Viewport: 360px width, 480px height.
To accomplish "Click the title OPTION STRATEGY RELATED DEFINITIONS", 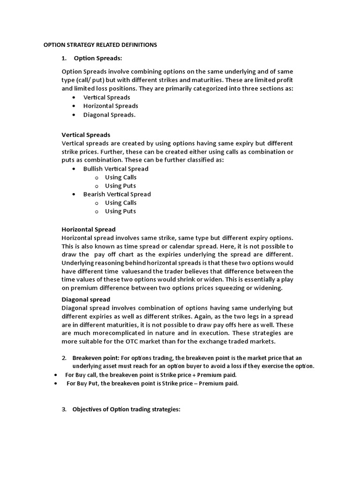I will tap(100, 45).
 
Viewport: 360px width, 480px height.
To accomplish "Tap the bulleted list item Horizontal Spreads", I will tap(111, 106).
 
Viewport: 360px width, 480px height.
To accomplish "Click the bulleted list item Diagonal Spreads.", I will tap(109, 115).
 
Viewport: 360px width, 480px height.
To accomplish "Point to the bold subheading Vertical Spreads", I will tap(86, 135).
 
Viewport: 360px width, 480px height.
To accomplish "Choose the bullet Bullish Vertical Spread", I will tap(116, 169).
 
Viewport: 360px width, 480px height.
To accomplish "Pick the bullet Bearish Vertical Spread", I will tap(117, 194).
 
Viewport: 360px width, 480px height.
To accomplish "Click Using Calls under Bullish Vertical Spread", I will tap(120, 177).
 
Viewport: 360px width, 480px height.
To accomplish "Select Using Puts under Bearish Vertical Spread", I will tap(120, 211).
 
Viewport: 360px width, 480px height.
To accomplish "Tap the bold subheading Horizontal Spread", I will tap(89, 229).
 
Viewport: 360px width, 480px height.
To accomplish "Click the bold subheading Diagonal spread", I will tap(86, 299).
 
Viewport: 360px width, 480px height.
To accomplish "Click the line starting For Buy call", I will tap(150, 375).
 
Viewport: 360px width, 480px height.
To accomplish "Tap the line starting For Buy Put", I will tap(152, 383).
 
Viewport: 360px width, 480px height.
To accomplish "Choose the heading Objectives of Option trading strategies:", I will tap(126, 409).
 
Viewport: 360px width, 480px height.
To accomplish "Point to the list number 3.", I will tap(64, 409).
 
